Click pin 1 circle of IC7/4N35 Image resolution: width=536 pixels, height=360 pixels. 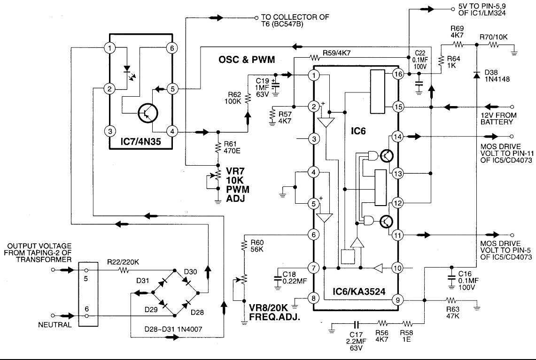110,48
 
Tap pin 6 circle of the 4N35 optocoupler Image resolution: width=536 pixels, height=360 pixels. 172,48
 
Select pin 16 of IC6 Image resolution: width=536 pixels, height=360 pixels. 398,74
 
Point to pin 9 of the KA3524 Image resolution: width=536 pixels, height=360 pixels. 397,300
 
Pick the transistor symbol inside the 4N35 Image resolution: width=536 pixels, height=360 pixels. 148,113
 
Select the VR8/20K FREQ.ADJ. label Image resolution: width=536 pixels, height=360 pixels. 274,313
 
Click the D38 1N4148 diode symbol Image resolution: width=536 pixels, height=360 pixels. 476,75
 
